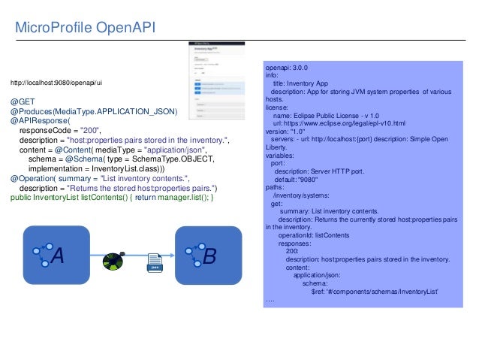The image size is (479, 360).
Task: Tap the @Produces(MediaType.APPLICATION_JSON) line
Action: [x=93, y=111]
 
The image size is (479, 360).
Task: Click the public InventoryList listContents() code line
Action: [x=113, y=198]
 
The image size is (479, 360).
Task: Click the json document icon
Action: [x=155, y=262]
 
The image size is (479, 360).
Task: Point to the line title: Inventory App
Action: [x=309, y=83]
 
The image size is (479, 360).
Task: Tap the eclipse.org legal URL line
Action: [x=339, y=123]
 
